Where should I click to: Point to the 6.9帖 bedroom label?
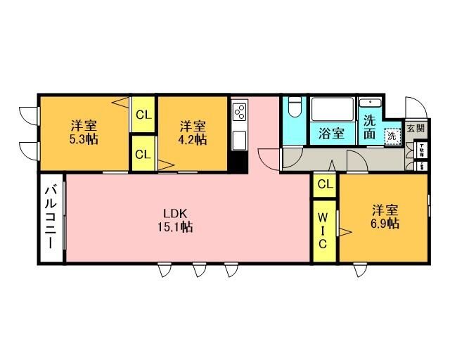(385, 217)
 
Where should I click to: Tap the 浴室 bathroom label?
(331, 132)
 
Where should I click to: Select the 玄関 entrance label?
(416, 129)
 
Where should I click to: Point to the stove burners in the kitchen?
(240, 112)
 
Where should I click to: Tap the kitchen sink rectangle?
(239, 139)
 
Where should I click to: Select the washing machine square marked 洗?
(391, 136)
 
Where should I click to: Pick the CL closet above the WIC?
(324, 184)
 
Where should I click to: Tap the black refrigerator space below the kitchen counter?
(239, 162)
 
